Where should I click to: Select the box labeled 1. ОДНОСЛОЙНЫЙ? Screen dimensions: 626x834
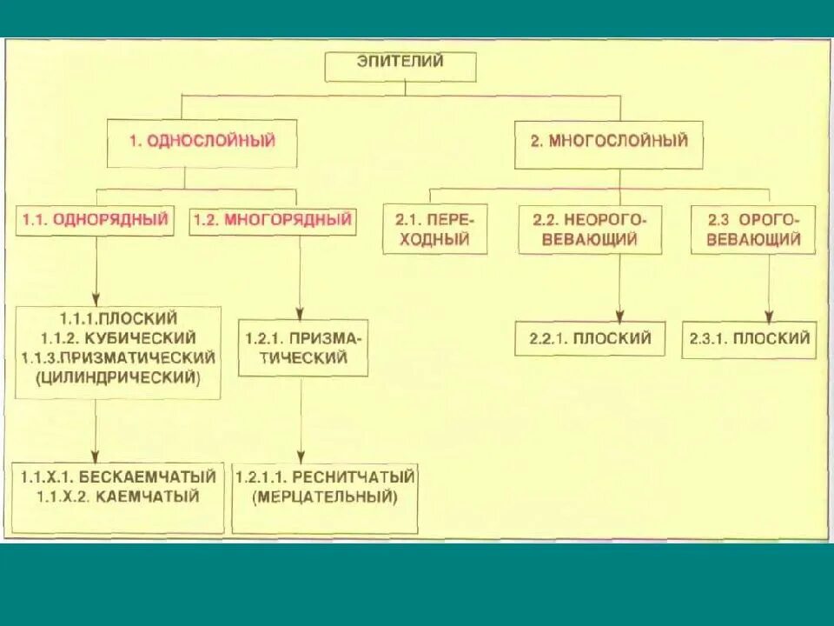pos(202,143)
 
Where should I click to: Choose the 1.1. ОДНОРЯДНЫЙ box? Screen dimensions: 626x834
pos(96,220)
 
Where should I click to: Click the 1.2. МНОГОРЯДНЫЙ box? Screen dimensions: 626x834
pos(272,220)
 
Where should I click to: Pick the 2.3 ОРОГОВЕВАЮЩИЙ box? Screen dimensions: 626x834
pos(752,229)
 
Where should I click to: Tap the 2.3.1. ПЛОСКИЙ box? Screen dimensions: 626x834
pos(751,339)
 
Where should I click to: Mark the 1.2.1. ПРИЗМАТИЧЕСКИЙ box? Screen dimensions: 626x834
pos(302,347)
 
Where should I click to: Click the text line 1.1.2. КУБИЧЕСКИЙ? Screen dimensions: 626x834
pos(118,337)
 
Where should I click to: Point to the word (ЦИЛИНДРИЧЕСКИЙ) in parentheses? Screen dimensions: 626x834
pos(118,377)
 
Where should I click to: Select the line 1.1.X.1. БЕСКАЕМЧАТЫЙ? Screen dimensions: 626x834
pos(119,476)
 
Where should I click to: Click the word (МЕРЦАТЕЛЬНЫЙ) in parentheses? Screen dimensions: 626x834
pos(325,497)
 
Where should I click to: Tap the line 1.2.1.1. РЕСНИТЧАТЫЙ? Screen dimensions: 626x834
pos(325,476)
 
